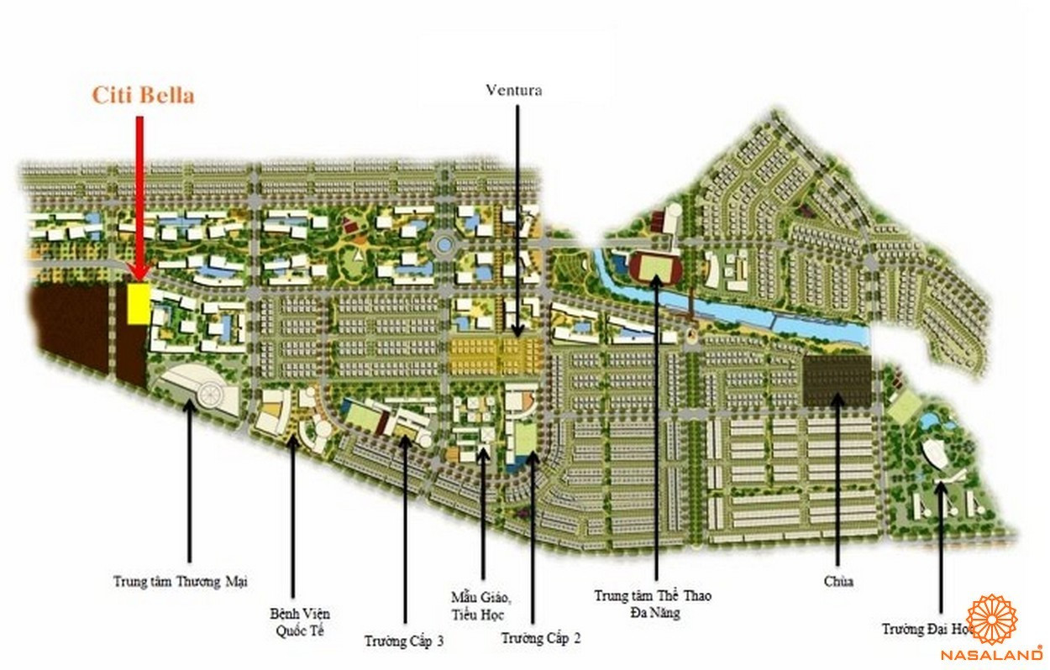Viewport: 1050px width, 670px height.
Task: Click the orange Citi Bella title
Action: coord(143,95)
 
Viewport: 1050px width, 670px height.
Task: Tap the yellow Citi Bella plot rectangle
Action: coord(139,303)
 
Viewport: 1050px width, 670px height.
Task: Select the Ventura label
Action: coord(514,91)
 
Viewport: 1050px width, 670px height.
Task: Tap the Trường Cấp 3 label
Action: coord(404,641)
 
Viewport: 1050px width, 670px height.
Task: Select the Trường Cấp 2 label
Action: coord(541,638)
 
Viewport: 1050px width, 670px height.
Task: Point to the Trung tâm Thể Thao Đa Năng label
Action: coord(653,604)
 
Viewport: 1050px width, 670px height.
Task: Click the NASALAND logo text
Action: coord(991,654)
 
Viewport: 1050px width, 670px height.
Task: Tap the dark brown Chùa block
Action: coord(837,382)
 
